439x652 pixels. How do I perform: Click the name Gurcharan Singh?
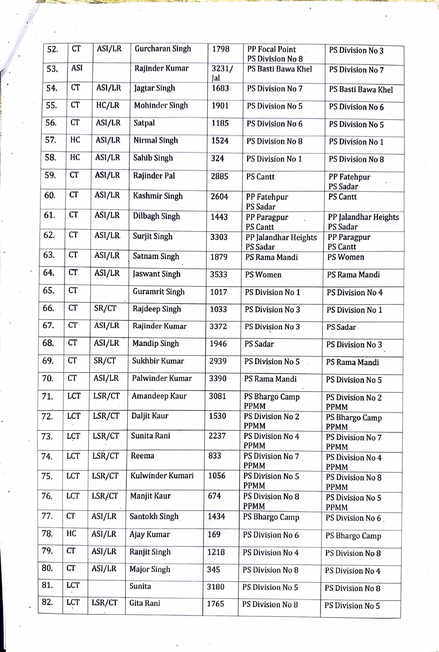point(163,49)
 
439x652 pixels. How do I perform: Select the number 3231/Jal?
point(222,73)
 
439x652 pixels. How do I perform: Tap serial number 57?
point(51,140)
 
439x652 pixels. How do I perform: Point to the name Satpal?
point(144,123)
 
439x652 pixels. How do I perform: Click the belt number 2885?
point(219,176)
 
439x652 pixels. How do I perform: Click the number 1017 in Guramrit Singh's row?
point(218,292)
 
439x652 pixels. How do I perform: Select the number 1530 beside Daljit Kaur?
point(217,416)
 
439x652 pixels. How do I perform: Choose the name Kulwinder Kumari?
point(162,476)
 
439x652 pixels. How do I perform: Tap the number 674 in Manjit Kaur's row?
point(214,496)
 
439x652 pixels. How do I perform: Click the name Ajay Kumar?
point(150,534)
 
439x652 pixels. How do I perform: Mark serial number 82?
point(47,602)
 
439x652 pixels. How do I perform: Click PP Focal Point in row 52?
point(271,49)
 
